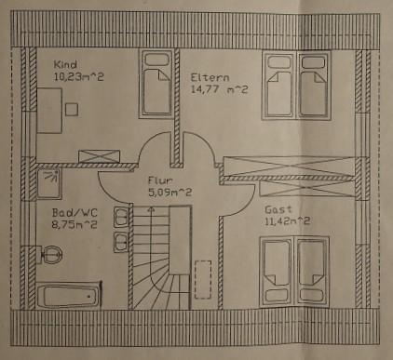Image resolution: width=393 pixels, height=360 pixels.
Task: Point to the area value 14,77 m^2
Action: (220, 89)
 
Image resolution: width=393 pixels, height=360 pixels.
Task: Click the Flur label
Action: (157, 180)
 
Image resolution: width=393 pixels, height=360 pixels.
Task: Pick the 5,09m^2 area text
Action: (170, 193)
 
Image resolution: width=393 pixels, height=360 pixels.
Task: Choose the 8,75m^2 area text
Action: (75, 224)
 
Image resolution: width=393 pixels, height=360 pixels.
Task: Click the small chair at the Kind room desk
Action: (71, 108)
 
